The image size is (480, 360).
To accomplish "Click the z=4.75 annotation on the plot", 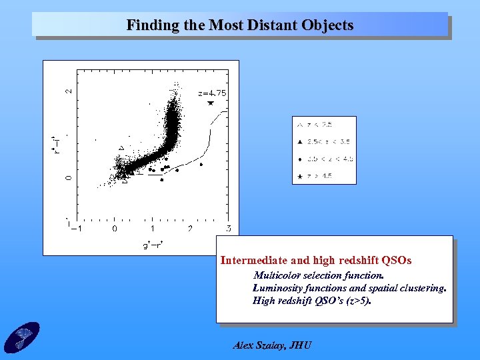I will tap(212, 93).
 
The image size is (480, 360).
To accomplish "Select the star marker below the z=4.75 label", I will tap(210, 103).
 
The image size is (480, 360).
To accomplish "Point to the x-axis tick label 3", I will tap(228, 229).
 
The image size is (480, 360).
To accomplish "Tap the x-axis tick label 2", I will tap(190, 229).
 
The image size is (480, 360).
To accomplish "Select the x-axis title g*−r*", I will tap(153, 245).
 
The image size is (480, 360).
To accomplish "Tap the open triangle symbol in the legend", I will tap(300, 125).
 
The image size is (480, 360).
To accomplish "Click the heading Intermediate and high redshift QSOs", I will tap(316, 260).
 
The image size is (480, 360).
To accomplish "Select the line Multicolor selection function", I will tap(318, 275).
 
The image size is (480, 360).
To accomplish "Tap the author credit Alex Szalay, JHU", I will tap(272, 345).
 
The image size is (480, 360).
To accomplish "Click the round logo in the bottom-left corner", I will tap(21, 337).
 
